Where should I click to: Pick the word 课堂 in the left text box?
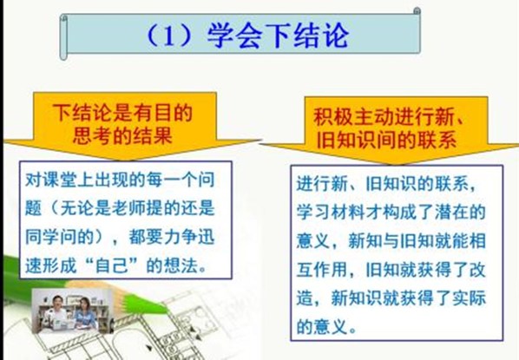point(60,180)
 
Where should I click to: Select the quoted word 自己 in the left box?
point(112,265)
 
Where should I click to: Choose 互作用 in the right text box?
point(321,269)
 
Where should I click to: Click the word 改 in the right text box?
point(477,269)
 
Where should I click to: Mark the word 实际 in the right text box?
point(469,298)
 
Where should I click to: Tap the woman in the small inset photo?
point(85,314)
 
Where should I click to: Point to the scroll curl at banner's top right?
point(417,11)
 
